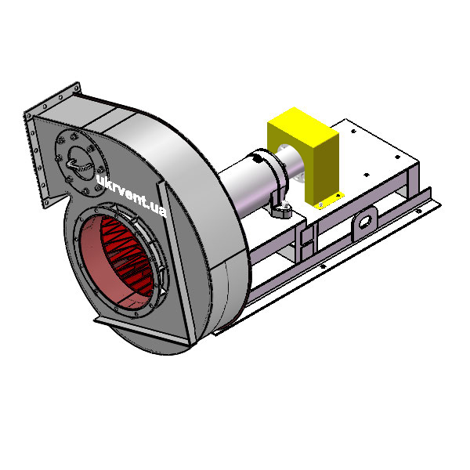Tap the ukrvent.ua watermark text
click(x=132, y=194)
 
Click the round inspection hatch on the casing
click(x=81, y=164)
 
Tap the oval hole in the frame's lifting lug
click(x=365, y=222)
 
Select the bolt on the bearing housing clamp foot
click(x=285, y=204)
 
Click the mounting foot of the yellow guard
click(x=328, y=201)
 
